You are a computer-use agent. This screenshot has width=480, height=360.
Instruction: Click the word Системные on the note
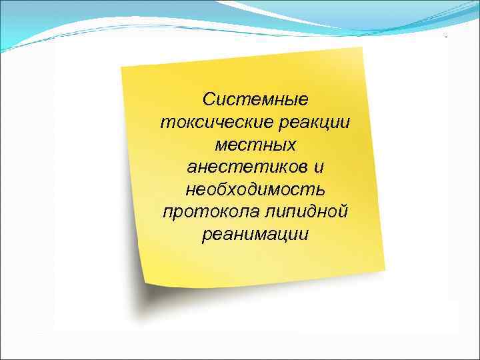256,100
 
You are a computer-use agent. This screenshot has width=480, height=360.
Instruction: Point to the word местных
256,144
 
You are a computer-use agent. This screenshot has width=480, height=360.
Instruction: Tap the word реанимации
256,234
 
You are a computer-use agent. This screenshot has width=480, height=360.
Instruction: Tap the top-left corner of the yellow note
121,67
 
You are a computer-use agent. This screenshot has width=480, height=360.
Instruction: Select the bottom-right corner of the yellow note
385,269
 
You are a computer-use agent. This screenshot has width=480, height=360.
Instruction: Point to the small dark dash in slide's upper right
447,37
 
